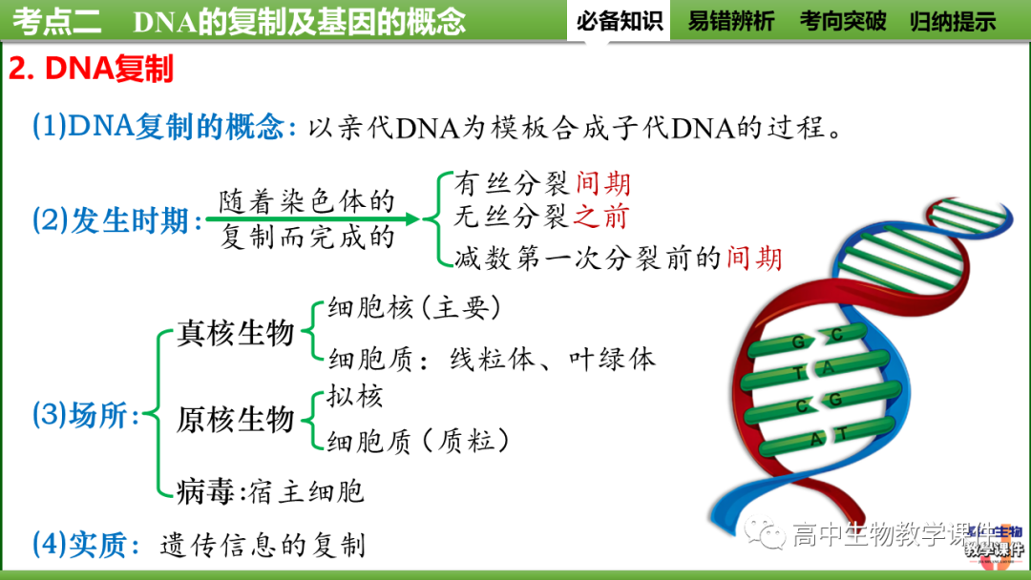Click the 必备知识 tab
[x=620, y=21]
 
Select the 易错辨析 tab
[x=731, y=21]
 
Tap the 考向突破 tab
[x=843, y=21]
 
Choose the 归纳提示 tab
[x=953, y=21]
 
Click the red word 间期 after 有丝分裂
[x=603, y=184]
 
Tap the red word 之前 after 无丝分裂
[x=601, y=217]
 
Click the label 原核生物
[x=236, y=419]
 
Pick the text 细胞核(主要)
[x=413, y=307]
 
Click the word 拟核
[x=354, y=395]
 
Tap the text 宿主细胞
[x=306, y=491]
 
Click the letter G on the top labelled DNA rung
[x=799, y=342]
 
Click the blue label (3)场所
[x=86, y=415]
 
